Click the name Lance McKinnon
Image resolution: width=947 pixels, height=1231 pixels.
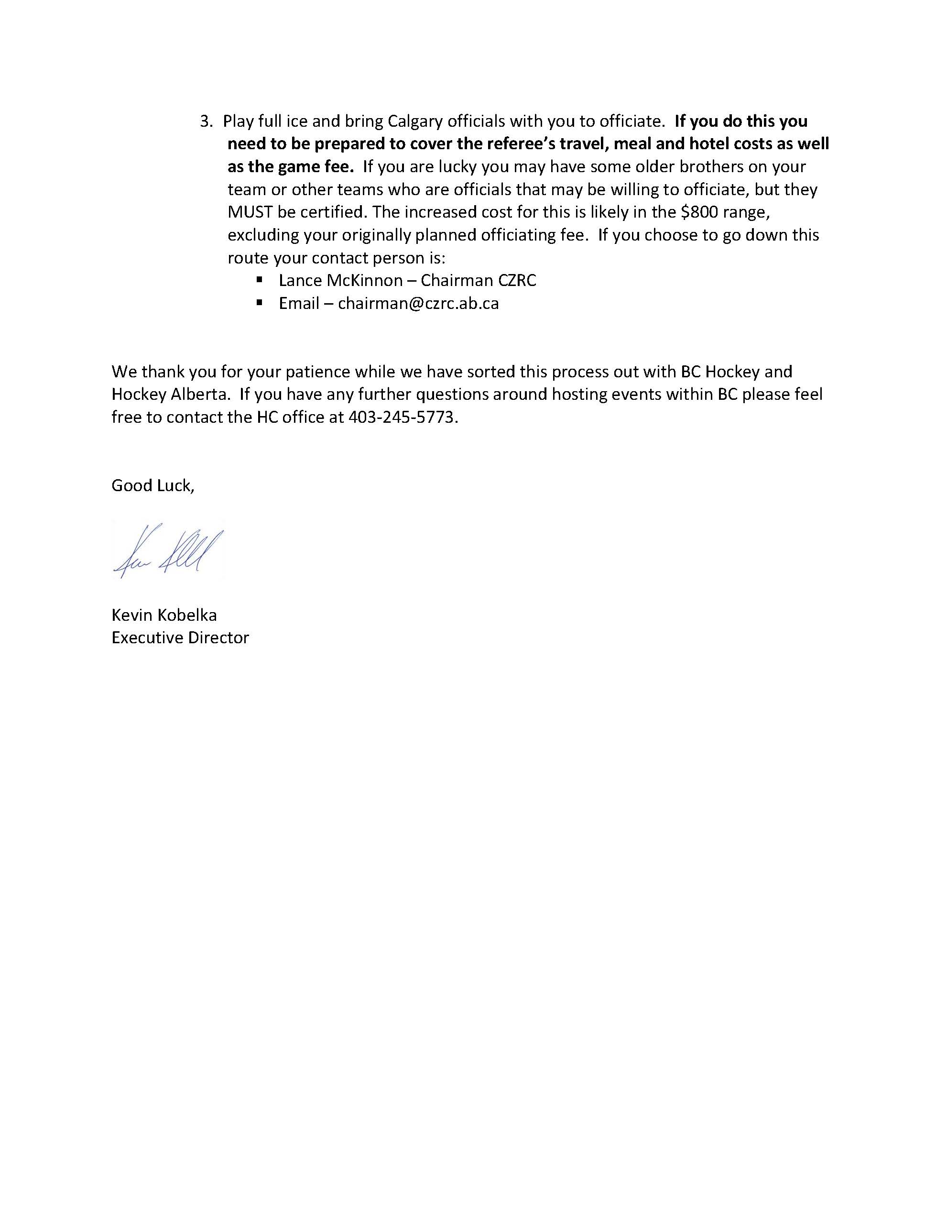(341, 281)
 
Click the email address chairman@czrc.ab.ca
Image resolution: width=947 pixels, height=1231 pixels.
(418, 304)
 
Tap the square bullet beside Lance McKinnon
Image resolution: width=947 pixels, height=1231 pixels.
(260, 280)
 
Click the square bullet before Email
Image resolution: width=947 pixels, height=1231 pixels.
(260, 303)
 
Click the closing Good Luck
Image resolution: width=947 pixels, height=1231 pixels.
(152, 486)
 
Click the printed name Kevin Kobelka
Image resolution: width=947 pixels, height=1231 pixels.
(164, 615)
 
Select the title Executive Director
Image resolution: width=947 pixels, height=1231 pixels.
(180, 638)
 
